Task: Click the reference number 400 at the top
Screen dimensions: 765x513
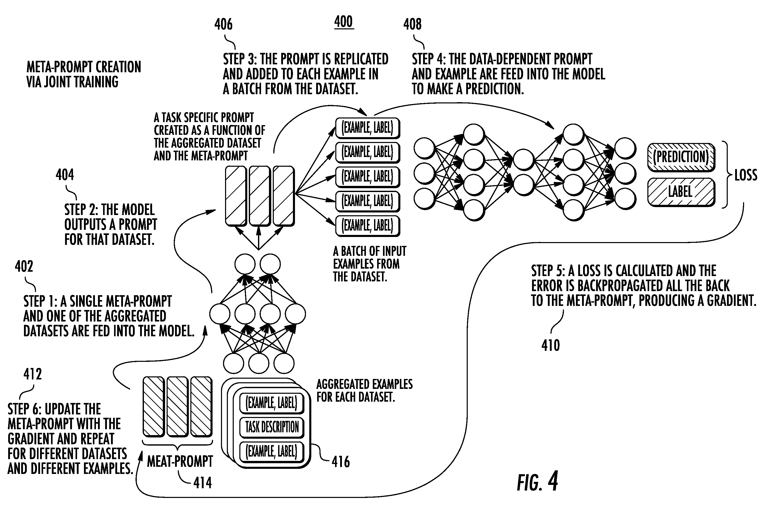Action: [343, 22]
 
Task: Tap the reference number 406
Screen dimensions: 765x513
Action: [223, 24]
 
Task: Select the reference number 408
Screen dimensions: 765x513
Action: [412, 24]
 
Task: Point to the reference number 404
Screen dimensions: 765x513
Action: [65, 175]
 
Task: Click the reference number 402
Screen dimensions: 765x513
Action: [24, 266]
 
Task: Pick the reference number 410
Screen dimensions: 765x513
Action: [551, 345]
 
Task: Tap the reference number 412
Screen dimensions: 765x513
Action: [33, 374]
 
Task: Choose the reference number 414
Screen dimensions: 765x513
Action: [202, 483]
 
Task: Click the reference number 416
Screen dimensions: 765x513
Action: [341, 462]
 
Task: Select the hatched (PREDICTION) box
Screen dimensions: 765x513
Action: [681, 157]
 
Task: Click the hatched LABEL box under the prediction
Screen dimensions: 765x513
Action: [681, 192]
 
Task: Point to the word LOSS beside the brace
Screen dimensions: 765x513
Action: [746, 175]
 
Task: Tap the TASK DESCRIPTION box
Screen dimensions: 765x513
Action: [272, 427]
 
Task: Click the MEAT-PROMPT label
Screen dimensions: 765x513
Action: [180, 461]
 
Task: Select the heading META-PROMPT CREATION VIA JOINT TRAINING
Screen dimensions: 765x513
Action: [84, 74]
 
